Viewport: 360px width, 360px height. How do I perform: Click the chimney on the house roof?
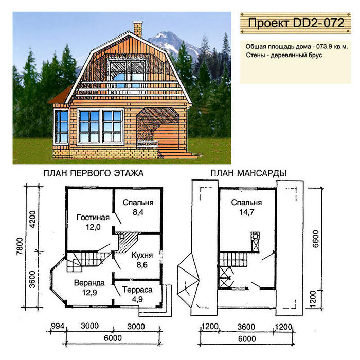point(138,29)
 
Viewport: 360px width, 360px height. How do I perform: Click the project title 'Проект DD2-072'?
point(296,23)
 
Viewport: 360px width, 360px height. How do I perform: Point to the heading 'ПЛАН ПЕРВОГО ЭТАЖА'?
point(94,173)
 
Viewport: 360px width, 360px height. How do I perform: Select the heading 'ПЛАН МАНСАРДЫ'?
point(248,173)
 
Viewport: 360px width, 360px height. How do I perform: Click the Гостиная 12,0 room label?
point(93,222)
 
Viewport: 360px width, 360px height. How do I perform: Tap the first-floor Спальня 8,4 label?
point(138,207)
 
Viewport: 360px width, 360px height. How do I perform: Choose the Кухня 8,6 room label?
point(142,260)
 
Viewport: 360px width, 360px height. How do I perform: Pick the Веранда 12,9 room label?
point(89,287)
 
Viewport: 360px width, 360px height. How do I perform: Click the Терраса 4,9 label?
point(137,294)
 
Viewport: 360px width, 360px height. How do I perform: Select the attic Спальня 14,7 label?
point(246,207)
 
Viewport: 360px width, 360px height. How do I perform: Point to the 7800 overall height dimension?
point(20,246)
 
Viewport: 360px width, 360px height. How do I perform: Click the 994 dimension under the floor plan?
point(57,326)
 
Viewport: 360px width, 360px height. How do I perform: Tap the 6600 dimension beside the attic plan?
point(316,239)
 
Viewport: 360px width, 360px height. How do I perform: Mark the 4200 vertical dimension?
point(32,219)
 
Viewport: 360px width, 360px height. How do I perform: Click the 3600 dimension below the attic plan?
point(246,327)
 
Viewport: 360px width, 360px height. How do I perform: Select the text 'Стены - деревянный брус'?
point(284,55)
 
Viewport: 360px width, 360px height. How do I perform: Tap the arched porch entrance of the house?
point(158,129)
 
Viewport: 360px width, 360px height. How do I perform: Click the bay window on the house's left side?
point(62,127)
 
